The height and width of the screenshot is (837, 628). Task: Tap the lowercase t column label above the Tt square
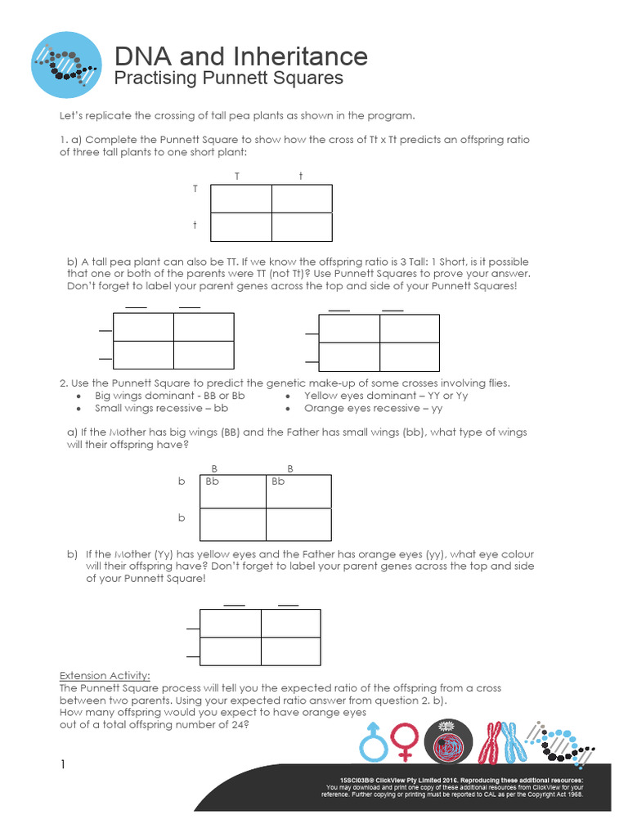[300, 177]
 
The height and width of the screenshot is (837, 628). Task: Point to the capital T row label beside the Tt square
[195, 189]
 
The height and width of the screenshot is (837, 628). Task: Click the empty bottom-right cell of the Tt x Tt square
[302, 226]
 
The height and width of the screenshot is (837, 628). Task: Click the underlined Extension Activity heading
[105, 676]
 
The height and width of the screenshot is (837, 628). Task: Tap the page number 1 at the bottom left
[61, 765]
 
